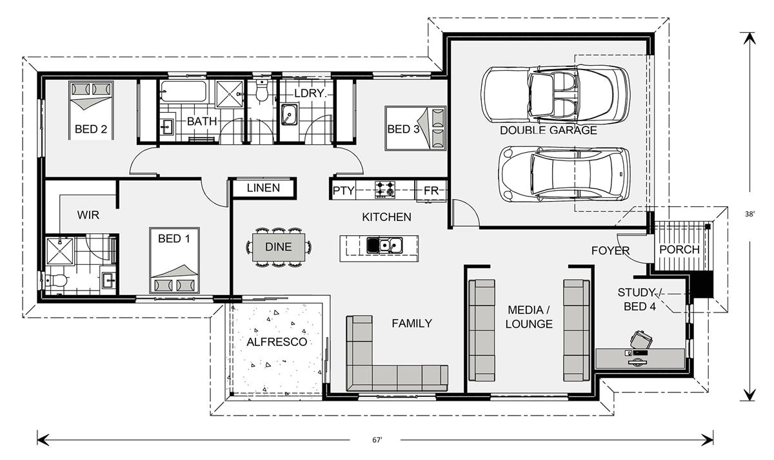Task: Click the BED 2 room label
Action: (x=90, y=129)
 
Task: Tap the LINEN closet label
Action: (x=263, y=188)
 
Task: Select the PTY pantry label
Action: (x=341, y=191)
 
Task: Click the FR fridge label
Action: (x=430, y=191)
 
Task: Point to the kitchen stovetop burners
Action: (x=386, y=189)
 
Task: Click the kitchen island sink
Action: (x=385, y=245)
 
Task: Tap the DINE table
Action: (x=278, y=247)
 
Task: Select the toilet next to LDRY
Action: (x=262, y=92)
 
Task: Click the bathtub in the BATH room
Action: (x=183, y=91)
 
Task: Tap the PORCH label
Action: (x=679, y=249)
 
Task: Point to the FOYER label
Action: (x=610, y=251)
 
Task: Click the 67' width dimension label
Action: (x=377, y=440)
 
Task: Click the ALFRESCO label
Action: (x=277, y=342)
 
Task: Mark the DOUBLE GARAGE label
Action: (x=548, y=130)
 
